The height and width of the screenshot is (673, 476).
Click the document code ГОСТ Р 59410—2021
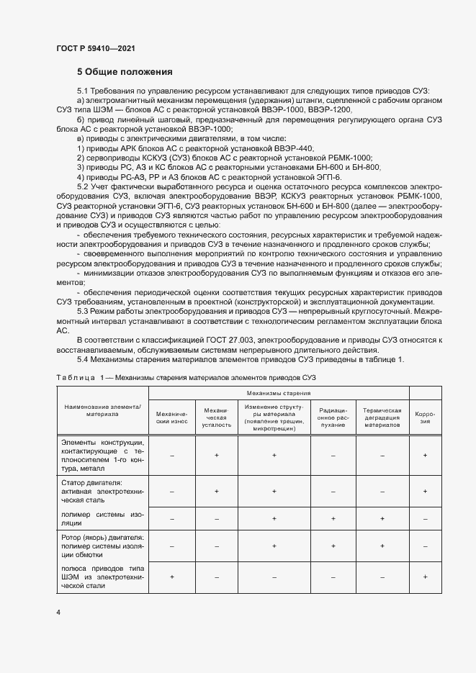pyautogui.click(x=94, y=48)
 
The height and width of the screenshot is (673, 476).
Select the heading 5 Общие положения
pyautogui.click(x=125, y=73)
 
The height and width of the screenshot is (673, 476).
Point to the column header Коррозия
pyautogui.click(x=425, y=418)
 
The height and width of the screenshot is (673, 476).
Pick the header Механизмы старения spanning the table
pyautogui.click(x=278, y=394)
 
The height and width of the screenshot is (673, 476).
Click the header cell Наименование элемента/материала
pyautogui.click(x=102, y=410)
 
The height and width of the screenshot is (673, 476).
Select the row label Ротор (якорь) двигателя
pyautogui.click(x=102, y=537)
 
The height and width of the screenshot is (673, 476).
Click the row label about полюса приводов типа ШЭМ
pyautogui.click(x=102, y=577)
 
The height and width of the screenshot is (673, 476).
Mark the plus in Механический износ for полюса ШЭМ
pyautogui.click(x=171, y=577)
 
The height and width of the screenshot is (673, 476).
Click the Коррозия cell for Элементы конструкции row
pyautogui.click(x=425, y=455)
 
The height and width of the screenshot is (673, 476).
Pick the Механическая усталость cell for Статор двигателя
pyautogui.click(x=217, y=491)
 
